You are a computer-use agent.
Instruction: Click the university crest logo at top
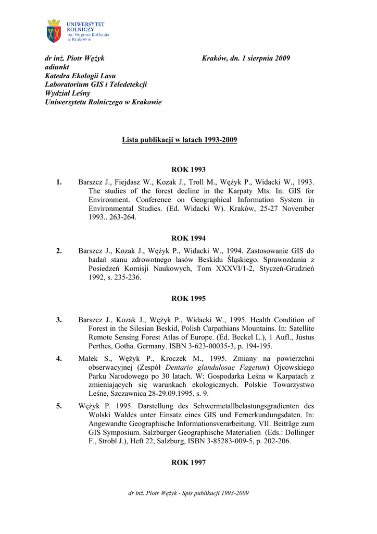point(54,31)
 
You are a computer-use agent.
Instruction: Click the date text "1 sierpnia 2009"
point(266,58)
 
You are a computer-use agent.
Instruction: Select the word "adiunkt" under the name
point(57,67)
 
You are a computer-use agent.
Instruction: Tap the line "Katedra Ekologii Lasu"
point(80,76)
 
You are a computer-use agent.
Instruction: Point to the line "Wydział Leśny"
point(68,93)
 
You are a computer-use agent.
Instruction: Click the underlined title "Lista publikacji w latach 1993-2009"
point(180,140)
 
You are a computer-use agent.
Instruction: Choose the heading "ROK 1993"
point(188,169)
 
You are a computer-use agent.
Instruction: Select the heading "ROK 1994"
point(188,238)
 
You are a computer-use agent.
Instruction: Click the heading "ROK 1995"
point(188,299)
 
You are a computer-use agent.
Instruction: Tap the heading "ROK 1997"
point(188,463)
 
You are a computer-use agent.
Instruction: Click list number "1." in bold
point(59,182)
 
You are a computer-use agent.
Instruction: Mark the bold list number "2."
point(59,251)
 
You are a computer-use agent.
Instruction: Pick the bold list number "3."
point(59,320)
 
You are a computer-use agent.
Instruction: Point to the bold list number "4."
point(59,358)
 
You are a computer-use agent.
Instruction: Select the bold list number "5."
point(59,406)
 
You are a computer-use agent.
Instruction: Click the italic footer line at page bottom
point(188,493)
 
